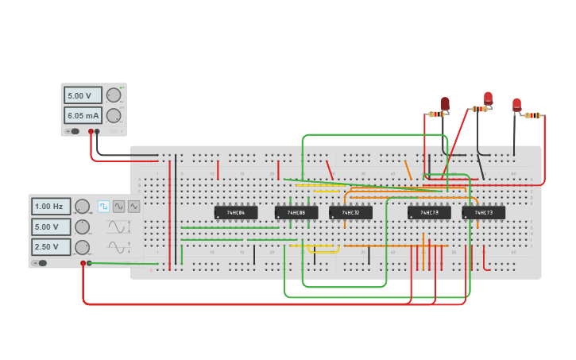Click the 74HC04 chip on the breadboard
coord(236,213)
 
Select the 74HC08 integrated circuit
coord(296,213)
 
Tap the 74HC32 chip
coord(350,213)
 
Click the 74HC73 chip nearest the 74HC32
coord(429,213)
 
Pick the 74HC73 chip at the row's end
coord(484,213)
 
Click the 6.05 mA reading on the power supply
coord(83,115)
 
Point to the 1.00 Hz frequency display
coord(51,207)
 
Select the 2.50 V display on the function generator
coord(51,247)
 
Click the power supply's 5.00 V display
coord(83,95)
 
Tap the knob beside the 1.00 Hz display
coord(82,207)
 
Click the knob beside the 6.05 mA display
coord(114,115)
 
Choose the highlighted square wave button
coord(103,206)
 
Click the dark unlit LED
coord(445,103)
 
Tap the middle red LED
coord(488,98)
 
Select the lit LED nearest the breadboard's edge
coord(516,103)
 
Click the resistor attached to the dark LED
coord(436,114)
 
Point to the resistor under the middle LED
coord(479,109)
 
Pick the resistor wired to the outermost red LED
coord(533,115)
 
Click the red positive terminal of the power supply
coord(91,131)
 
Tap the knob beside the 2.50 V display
coord(82,247)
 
